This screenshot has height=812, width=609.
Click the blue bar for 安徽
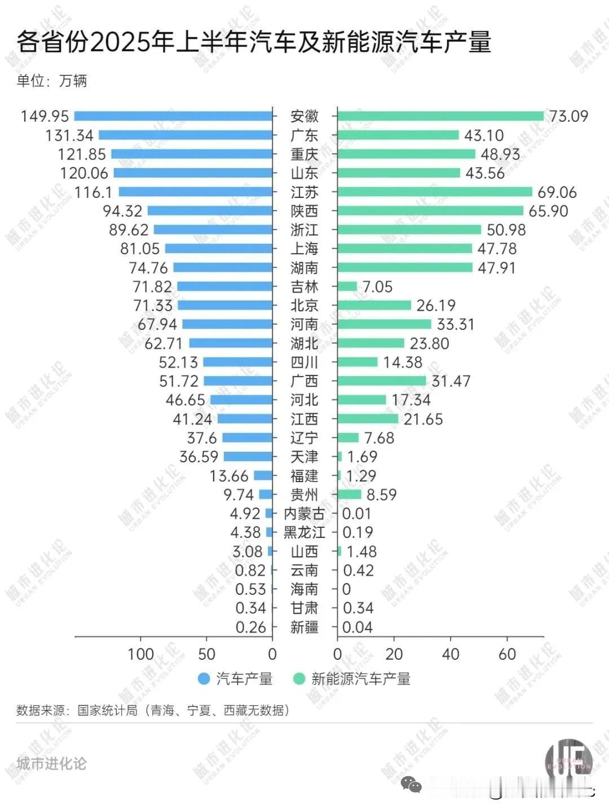pyautogui.click(x=173, y=116)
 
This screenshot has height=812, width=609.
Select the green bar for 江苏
pyautogui.click(x=435, y=192)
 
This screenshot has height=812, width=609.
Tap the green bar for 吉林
pyautogui.click(x=347, y=286)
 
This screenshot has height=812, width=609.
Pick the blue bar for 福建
pyautogui.click(x=263, y=476)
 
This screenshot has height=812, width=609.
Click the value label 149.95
pyautogui.click(x=45, y=116)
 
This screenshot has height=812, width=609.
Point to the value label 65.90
pyautogui.click(x=548, y=211)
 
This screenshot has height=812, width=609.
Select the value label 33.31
pyautogui.click(x=456, y=324)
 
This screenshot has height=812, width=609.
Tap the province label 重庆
pyautogui.click(x=304, y=154)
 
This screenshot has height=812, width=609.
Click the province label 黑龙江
pyautogui.click(x=304, y=532)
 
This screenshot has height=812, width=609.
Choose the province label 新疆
pyautogui.click(x=304, y=627)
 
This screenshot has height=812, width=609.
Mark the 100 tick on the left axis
pyautogui.click(x=140, y=654)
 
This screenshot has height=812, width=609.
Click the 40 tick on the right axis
pyautogui.click(x=451, y=654)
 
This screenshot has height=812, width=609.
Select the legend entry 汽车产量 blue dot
pyautogui.click(x=204, y=678)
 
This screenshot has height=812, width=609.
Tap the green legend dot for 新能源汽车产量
pyautogui.click(x=299, y=678)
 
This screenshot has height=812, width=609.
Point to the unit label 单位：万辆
pyautogui.click(x=52, y=81)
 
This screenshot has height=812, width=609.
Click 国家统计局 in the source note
pyautogui.click(x=107, y=710)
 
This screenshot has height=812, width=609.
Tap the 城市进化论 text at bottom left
pyautogui.click(x=51, y=764)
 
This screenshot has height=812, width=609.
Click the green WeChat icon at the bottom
pyautogui.click(x=411, y=784)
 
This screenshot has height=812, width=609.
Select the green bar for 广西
pyautogui.click(x=382, y=381)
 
